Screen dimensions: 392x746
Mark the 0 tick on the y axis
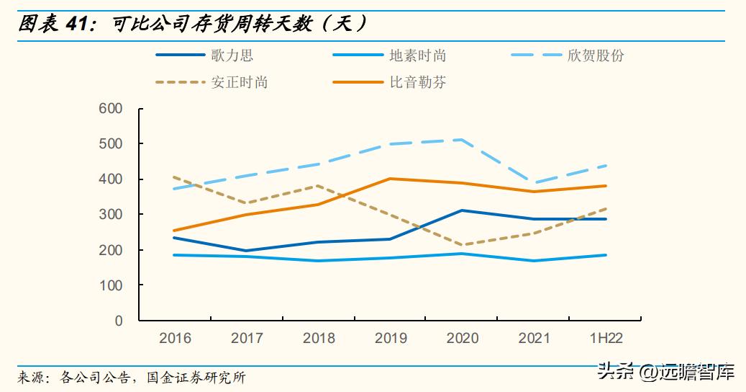[x=119, y=321]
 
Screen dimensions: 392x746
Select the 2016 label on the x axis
[x=175, y=338]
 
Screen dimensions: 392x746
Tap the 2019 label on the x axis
[x=391, y=338]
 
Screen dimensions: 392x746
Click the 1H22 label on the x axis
[x=606, y=338]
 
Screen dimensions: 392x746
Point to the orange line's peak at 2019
[x=391, y=179]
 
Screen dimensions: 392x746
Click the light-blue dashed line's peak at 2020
[x=462, y=140]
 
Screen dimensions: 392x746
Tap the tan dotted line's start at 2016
[x=175, y=177]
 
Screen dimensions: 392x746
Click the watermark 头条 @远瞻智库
[x=668, y=373]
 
